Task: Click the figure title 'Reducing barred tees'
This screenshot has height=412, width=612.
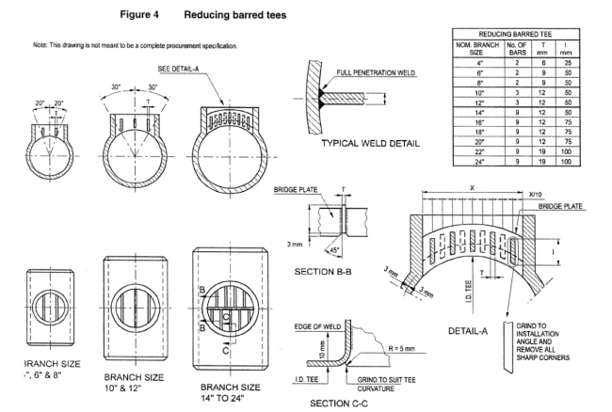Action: coord(235,16)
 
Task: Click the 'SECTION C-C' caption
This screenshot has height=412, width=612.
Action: coord(350,404)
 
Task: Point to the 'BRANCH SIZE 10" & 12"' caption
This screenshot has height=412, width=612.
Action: coord(137,379)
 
